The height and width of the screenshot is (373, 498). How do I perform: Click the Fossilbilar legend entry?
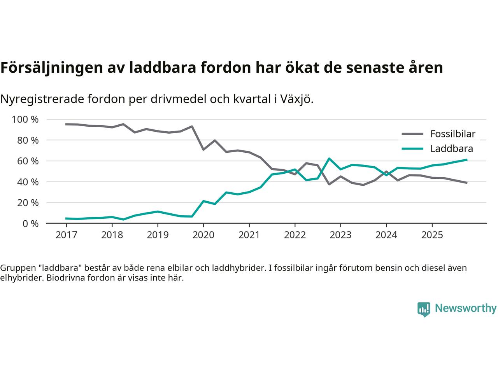pyautogui.click(x=452, y=134)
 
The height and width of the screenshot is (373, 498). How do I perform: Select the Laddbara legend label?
pyautogui.click(x=451, y=148)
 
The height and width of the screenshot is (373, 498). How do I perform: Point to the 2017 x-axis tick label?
pyautogui.click(x=66, y=235)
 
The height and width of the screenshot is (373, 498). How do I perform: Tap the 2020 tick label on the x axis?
pyautogui.click(x=203, y=235)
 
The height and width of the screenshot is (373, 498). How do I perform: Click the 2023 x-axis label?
pyautogui.click(x=340, y=235)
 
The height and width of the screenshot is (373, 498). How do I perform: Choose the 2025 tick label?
pyautogui.click(x=432, y=235)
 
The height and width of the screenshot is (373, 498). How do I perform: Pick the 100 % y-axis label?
pyautogui.click(x=25, y=119)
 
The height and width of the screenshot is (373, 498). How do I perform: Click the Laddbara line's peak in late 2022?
pyautogui.click(x=329, y=159)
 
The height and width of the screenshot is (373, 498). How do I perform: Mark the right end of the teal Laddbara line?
pyautogui.click(x=466, y=160)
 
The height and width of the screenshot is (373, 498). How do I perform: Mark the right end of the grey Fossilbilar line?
pyautogui.click(x=466, y=183)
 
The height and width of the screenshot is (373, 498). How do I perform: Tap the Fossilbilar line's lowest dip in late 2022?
pyautogui.click(x=329, y=184)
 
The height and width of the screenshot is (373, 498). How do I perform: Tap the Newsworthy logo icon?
pyautogui.click(x=424, y=309)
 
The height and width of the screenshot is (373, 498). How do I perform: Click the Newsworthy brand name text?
pyautogui.click(x=465, y=309)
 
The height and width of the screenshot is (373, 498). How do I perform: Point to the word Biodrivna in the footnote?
pyautogui.click(x=64, y=278)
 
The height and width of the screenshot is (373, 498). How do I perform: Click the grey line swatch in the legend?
pyautogui.click(x=412, y=134)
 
